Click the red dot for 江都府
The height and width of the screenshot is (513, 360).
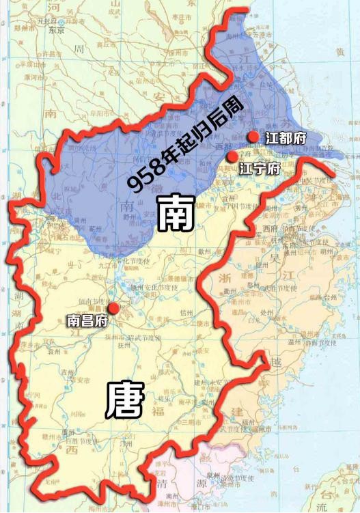point(253,137)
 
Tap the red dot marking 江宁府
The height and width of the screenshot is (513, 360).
point(233,157)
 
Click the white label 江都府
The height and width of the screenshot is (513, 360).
point(286,138)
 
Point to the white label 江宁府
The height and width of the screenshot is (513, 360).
point(260,169)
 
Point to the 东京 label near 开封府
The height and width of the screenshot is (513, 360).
point(57,30)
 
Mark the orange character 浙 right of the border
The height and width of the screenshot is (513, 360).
point(225,277)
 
